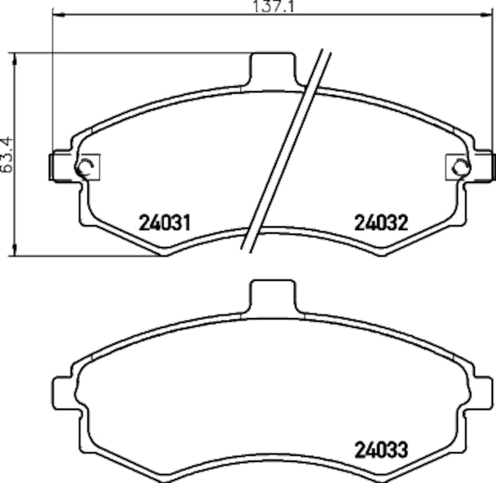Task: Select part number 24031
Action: pyautogui.click(x=164, y=223)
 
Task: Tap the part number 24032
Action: pyautogui.click(x=381, y=223)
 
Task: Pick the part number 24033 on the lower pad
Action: pyautogui.click(x=381, y=450)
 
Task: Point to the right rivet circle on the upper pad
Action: pyautogui.click(x=461, y=166)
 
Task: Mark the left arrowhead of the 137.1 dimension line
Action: pyautogui.click(x=55, y=14)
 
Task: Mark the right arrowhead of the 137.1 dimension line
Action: pyautogui.click(x=491, y=14)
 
